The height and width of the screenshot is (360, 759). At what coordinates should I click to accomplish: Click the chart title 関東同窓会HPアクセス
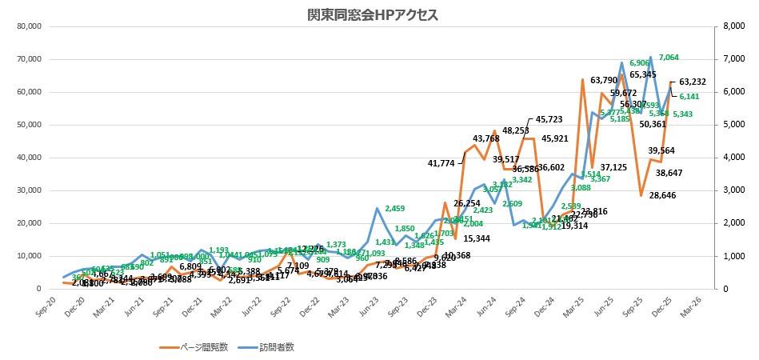(x=373, y=15)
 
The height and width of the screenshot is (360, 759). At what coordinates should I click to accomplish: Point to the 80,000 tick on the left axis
(x=28, y=26)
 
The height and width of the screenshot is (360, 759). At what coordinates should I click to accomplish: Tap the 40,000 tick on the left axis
(x=28, y=158)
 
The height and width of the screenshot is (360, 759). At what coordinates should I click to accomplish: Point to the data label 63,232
(x=693, y=82)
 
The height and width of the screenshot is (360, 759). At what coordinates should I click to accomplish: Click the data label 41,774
(x=441, y=163)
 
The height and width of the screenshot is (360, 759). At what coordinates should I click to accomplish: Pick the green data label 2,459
(x=395, y=209)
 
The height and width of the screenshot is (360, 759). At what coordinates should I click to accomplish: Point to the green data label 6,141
(x=690, y=96)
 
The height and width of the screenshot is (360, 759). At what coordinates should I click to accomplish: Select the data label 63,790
(x=604, y=80)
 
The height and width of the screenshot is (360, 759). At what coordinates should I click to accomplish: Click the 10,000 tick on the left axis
(x=28, y=256)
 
